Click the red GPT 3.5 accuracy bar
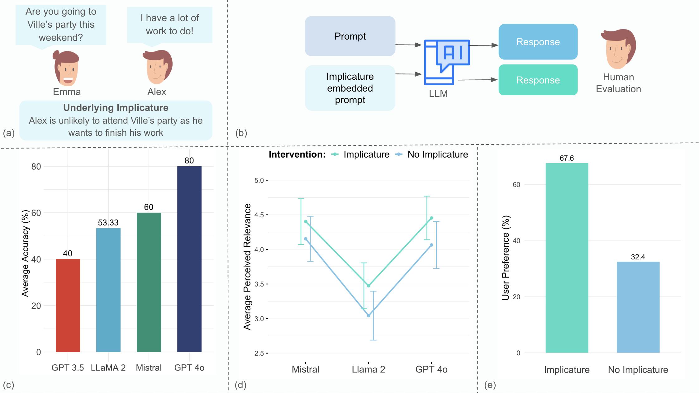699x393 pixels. tap(68, 305)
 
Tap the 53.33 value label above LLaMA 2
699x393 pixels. tap(108, 223)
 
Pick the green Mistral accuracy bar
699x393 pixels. tap(149, 282)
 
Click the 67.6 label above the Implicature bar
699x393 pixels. tap(566, 158)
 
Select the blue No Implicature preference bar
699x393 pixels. tap(638, 307)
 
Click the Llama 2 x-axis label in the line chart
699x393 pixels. tap(368, 369)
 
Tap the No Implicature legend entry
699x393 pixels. tap(437, 154)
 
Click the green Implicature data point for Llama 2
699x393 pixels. tap(369, 286)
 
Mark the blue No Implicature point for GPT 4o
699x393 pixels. tap(431, 245)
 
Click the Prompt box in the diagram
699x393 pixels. tap(350, 36)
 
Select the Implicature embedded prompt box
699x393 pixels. tap(350, 88)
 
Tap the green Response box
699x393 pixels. tap(538, 80)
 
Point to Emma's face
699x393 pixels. tap(67, 70)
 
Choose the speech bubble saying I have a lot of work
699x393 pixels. tap(169, 25)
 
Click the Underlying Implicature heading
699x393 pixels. tap(116, 108)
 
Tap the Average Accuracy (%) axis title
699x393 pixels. tap(25, 253)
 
